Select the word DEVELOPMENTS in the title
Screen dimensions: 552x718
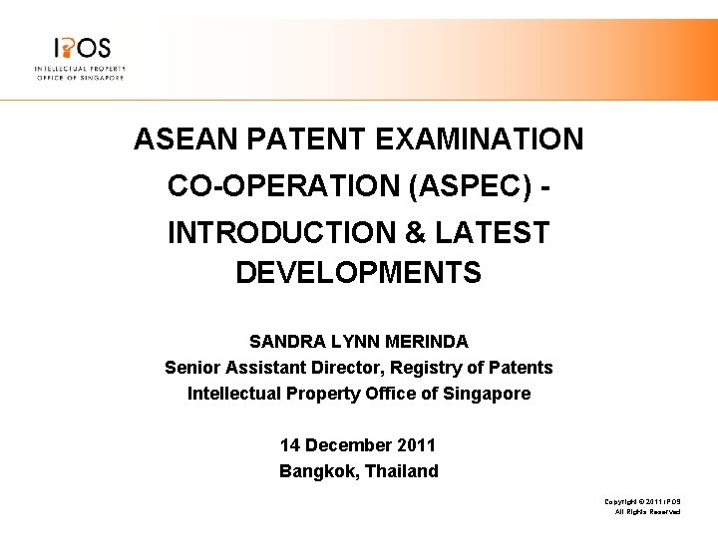pos(358,272)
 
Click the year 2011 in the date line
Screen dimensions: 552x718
pos(417,445)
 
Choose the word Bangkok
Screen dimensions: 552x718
pos(316,471)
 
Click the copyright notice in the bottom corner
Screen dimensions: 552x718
pos(642,505)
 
